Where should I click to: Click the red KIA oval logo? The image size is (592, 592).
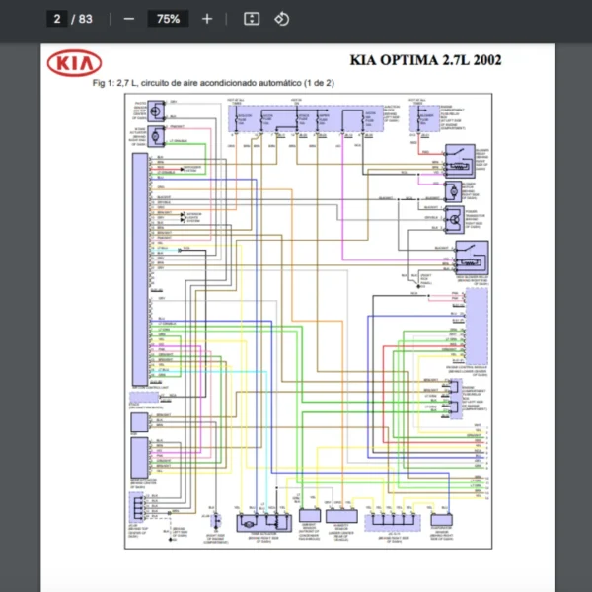[74, 64]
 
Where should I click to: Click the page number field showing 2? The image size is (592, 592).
[57, 19]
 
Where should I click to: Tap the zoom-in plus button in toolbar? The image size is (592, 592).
[206, 19]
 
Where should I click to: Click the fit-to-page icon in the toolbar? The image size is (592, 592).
[251, 19]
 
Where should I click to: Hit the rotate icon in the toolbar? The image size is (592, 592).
[281, 19]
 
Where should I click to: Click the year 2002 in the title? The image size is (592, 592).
[487, 60]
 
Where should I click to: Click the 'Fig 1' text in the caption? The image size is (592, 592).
[103, 83]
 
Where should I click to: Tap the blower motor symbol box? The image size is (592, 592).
[454, 188]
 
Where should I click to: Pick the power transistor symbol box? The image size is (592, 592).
[453, 219]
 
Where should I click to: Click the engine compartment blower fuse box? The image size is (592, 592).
[427, 120]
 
